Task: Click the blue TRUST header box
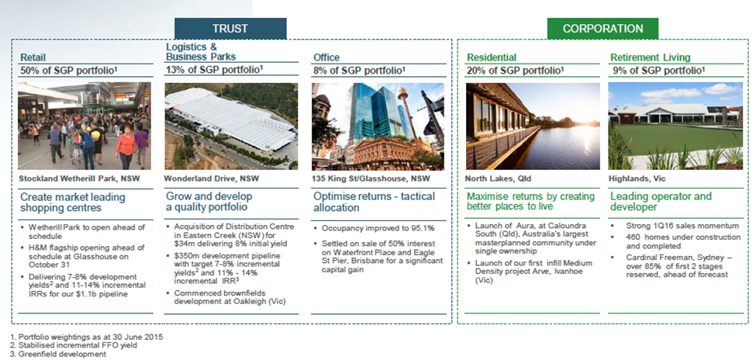(230, 29)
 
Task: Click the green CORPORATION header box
(602, 29)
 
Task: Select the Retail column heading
(33, 58)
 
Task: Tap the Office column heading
(326, 58)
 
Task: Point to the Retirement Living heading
(650, 58)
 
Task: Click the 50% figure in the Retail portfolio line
(29, 71)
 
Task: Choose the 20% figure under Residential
(475, 71)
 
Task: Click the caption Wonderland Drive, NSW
(211, 178)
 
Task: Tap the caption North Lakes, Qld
(498, 178)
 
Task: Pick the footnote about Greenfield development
(59, 355)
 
